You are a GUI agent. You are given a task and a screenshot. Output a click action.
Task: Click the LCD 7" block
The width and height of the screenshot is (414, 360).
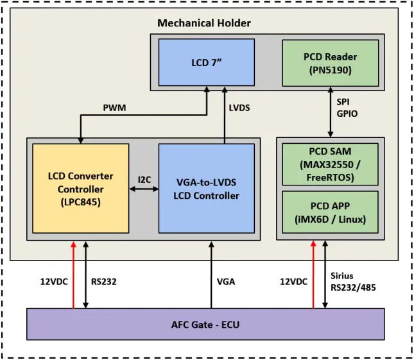pos(206,62)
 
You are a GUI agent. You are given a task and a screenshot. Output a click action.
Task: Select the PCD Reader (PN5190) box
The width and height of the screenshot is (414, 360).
pos(330,63)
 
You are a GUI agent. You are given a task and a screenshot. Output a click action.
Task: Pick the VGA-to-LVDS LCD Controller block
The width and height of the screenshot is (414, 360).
pos(206,189)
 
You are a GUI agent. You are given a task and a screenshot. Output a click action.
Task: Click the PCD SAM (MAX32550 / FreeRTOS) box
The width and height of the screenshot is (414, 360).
pos(330,164)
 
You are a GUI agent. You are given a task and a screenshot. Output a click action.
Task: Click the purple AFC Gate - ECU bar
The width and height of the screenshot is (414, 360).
pos(205,324)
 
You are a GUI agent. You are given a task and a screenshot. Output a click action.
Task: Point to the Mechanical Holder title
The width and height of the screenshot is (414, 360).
pos(204,23)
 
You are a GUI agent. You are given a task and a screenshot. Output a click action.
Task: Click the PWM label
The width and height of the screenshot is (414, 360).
pos(114,108)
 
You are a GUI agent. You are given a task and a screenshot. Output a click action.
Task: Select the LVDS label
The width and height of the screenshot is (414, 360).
pos(239,108)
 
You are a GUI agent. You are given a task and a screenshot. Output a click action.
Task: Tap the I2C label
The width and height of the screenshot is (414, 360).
pos(144,180)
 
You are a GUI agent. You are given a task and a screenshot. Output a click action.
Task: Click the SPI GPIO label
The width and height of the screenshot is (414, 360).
pos(347,108)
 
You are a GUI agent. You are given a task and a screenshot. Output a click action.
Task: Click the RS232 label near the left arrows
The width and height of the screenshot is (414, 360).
pos(103,281)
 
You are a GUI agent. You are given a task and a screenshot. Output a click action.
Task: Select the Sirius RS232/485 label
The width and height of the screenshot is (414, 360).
pos(353,281)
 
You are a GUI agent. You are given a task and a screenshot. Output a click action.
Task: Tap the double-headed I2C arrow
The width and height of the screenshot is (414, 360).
pos(144,189)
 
